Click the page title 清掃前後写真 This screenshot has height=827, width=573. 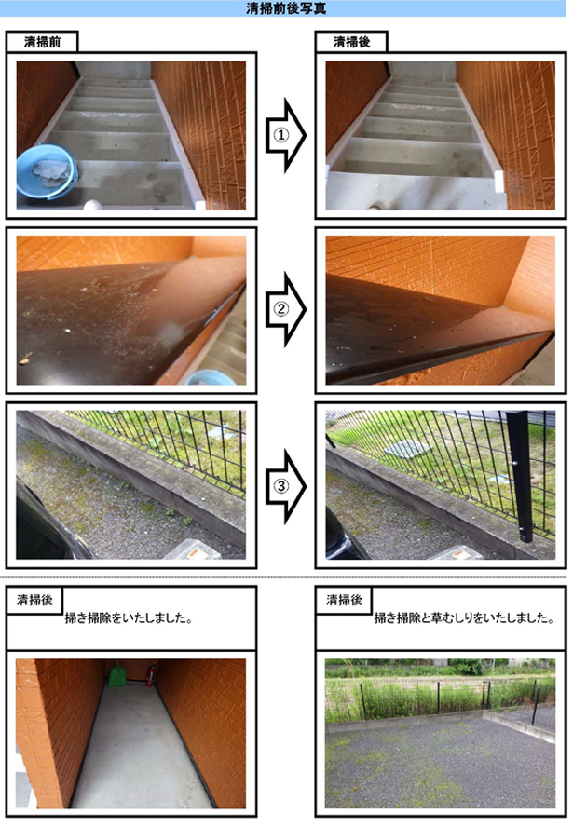point(286,8)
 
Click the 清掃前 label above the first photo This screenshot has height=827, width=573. point(42,42)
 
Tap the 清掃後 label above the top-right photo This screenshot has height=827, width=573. point(351,42)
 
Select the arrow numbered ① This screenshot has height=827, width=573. point(285,135)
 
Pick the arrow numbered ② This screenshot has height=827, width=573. point(285,309)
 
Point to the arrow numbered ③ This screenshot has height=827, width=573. point(285,486)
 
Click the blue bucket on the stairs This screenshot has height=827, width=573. point(47,172)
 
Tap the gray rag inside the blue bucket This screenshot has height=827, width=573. point(51,171)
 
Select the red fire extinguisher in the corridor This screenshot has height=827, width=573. point(149,675)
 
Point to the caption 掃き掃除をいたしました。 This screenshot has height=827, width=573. point(129,618)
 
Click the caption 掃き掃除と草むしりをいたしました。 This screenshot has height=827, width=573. point(464,618)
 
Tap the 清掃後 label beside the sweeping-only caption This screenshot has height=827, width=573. point(34,600)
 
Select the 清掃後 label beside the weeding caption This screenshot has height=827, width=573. point(344,600)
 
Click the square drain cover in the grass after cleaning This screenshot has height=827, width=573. point(407,450)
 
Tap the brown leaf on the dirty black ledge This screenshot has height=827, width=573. point(24,360)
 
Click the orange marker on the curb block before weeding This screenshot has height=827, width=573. point(195,552)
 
